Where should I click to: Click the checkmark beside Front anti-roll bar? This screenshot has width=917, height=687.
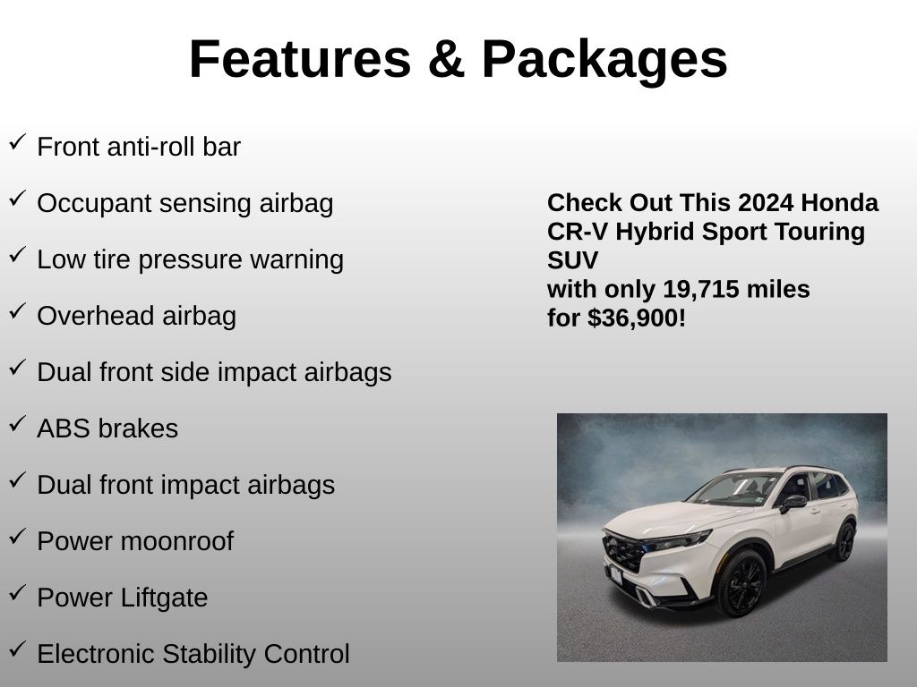[x=18, y=142]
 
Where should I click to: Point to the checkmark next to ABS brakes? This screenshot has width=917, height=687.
[x=18, y=423]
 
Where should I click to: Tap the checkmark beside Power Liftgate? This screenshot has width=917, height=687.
[x=18, y=592]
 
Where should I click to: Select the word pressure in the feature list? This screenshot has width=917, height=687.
[x=190, y=260]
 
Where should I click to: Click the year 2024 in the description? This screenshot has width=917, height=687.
[x=766, y=203]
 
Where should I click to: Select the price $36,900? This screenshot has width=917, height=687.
[x=633, y=318]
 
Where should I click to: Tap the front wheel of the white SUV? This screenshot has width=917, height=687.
[x=741, y=583]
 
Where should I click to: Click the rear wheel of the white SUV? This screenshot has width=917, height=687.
[x=845, y=541]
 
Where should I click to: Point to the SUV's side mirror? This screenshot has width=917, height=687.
[x=793, y=503]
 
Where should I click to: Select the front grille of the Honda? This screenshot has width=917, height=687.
[x=622, y=552]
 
